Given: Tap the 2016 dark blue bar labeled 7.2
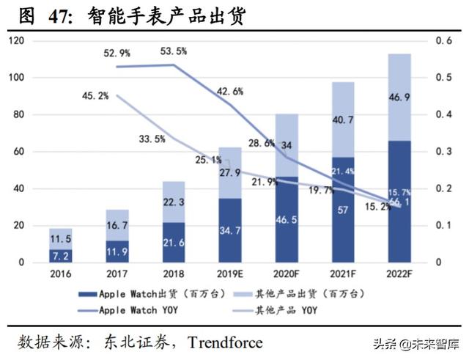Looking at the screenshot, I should coord(60,256).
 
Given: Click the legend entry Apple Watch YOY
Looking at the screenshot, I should coord(139,309).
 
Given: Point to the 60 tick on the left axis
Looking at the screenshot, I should coord(21,152).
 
